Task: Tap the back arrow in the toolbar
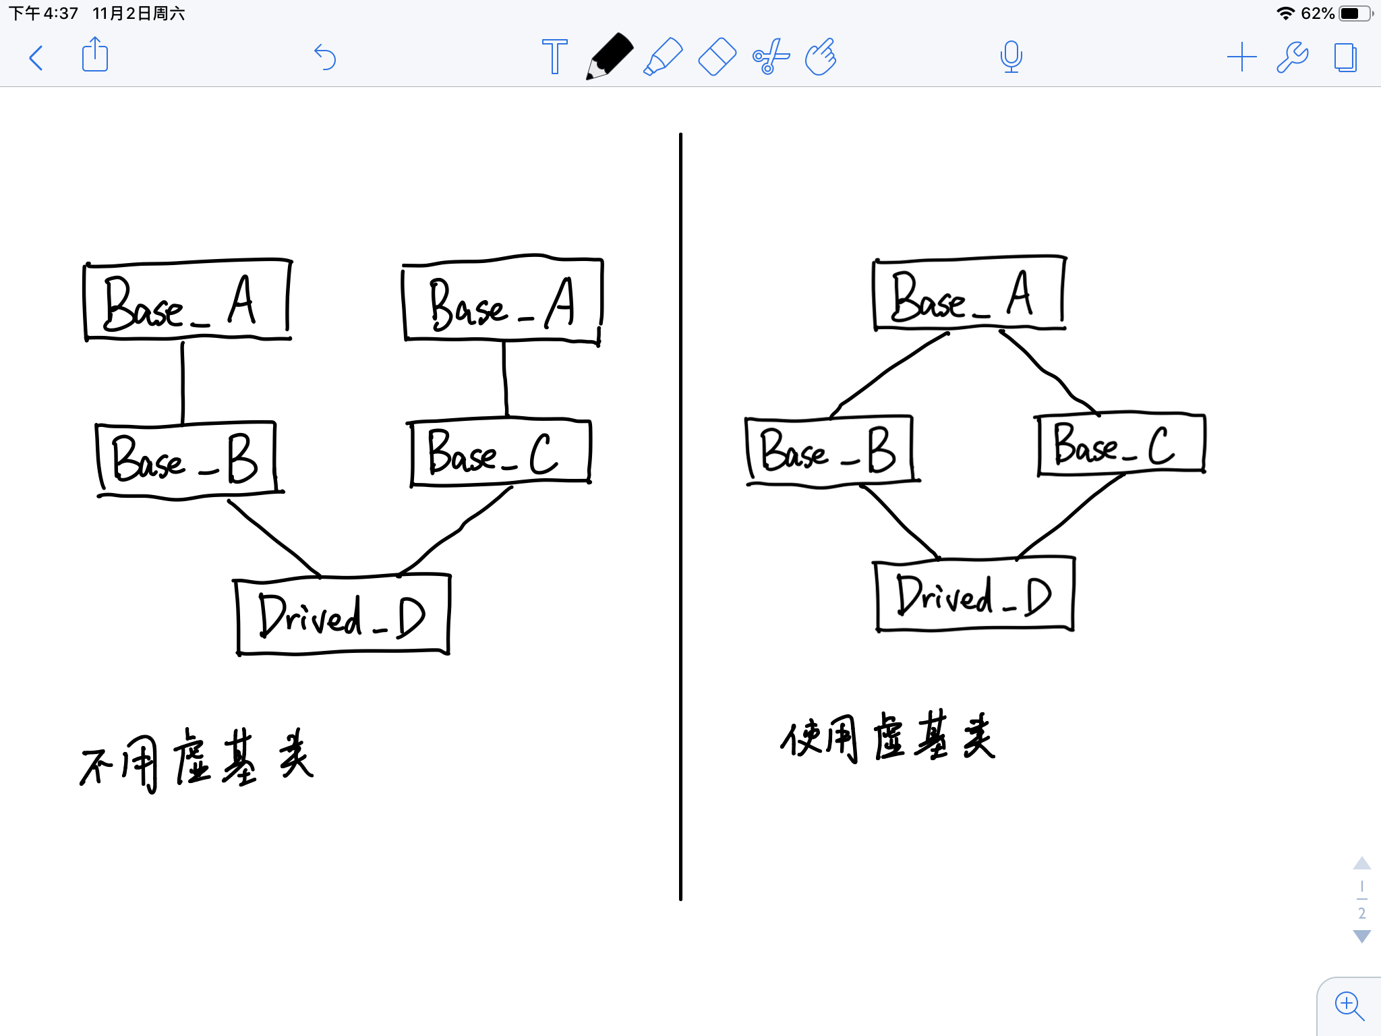(x=36, y=58)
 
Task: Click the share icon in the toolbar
(x=95, y=55)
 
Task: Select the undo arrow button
(x=325, y=57)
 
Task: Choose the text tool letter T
(x=554, y=57)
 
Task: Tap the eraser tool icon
(x=717, y=57)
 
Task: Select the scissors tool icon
(x=770, y=57)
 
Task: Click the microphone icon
(x=1011, y=57)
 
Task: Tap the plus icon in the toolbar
(x=1241, y=57)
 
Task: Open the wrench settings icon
(x=1293, y=57)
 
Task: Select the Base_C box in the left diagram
(x=500, y=452)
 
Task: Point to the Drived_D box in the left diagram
(x=343, y=615)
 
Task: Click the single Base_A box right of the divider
(x=968, y=294)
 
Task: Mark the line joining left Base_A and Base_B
(x=182, y=382)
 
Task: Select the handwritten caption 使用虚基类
(x=887, y=737)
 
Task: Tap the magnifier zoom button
(x=1349, y=1006)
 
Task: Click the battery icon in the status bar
(x=1354, y=13)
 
